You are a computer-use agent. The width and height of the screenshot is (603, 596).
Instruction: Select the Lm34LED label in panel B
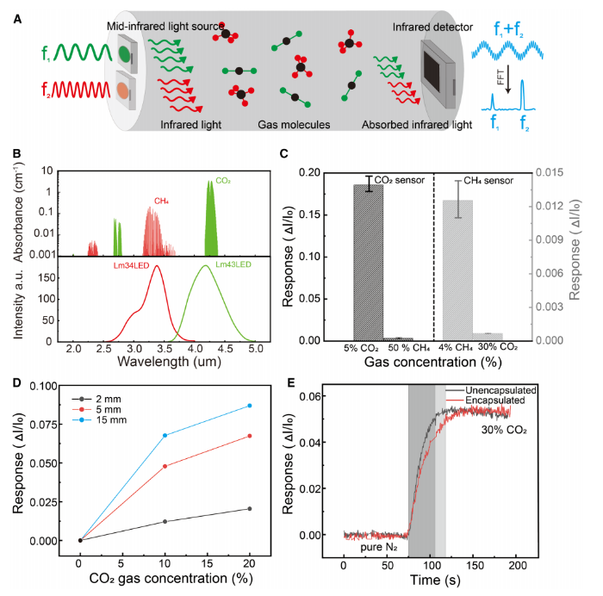tap(136, 265)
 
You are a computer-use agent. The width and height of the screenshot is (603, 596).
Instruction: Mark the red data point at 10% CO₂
tap(165, 466)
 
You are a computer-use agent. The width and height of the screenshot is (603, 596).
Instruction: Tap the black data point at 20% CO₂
tap(249, 509)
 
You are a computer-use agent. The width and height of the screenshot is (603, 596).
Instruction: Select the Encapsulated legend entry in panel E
tap(509, 400)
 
